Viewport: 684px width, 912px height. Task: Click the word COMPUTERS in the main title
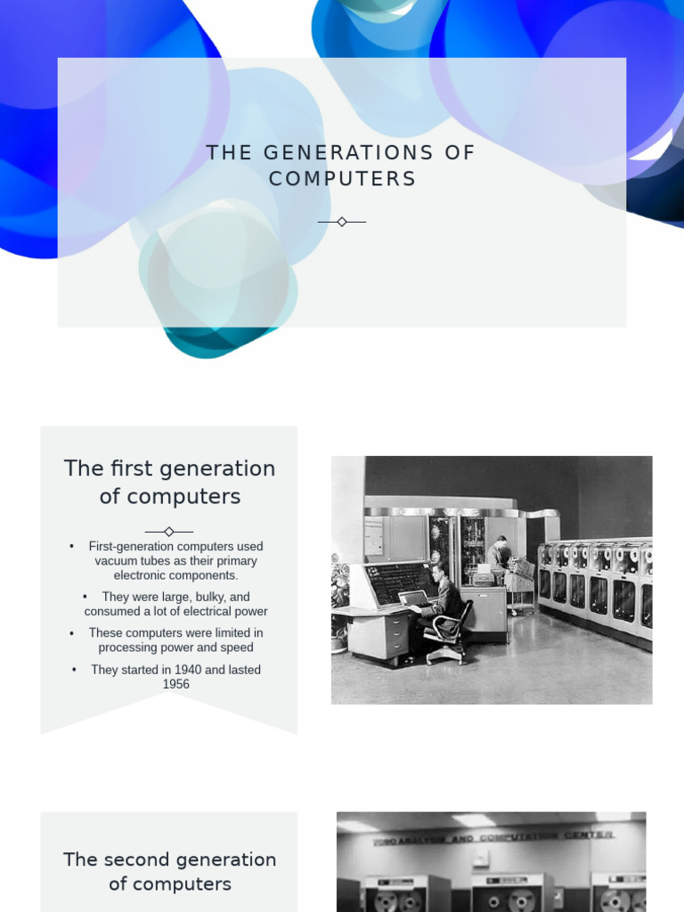342,179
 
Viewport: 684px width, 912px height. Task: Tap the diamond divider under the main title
342,222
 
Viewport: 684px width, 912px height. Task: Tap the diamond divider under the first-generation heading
169,532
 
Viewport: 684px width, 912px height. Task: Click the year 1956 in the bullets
176,684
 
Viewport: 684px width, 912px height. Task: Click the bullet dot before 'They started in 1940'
75,670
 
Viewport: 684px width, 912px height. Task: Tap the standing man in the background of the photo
501,554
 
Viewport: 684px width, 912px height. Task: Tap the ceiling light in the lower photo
473,819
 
